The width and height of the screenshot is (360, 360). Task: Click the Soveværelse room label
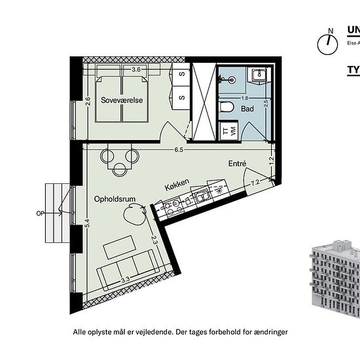click(x=122, y=101)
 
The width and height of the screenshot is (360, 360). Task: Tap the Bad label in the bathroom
click(x=247, y=109)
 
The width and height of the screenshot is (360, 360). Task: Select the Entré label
click(x=237, y=164)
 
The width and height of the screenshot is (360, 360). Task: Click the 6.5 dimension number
click(x=179, y=150)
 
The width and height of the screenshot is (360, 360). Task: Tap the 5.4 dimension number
click(x=86, y=223)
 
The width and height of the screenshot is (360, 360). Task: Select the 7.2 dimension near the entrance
click(x=256, y=181)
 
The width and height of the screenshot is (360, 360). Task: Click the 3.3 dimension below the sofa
click(x=124, y=281)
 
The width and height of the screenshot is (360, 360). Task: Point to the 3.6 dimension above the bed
click(x=136, y=69)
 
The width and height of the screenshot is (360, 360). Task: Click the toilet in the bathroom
click(x=226, y=107)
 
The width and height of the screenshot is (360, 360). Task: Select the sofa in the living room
click(x=127, y=267)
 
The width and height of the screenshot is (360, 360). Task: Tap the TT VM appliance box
click(x=228, y=131)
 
